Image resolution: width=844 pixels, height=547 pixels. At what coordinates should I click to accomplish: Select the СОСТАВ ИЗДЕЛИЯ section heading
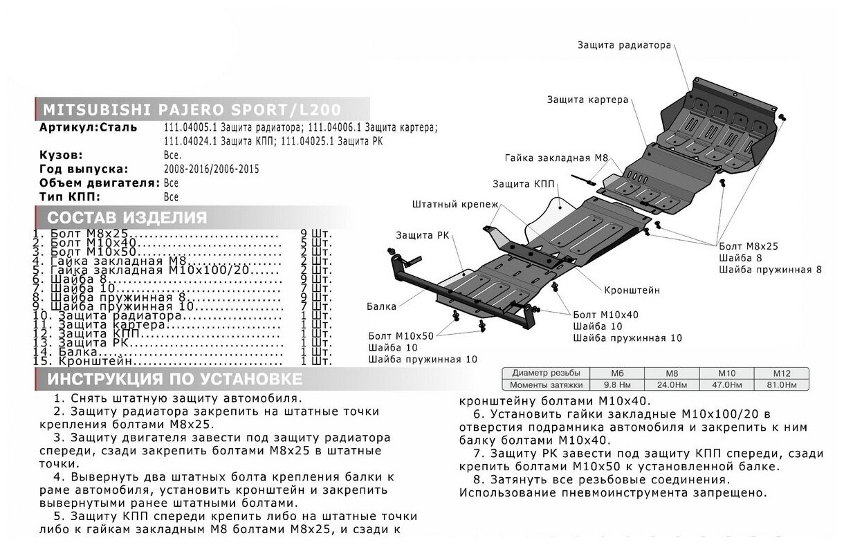(127, 218)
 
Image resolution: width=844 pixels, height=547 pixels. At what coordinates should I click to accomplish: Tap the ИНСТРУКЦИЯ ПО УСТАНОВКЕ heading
(175, 379)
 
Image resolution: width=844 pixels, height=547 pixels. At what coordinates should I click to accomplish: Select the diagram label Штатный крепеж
(450, 205)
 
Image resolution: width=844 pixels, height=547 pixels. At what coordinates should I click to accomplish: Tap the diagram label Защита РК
(422, 234)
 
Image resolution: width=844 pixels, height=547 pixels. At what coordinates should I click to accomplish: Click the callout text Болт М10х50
(401, 335)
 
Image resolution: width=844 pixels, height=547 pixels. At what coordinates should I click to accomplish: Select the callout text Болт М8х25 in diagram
(749, 245)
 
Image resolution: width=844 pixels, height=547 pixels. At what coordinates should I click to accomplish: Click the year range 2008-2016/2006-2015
(212, 169)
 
